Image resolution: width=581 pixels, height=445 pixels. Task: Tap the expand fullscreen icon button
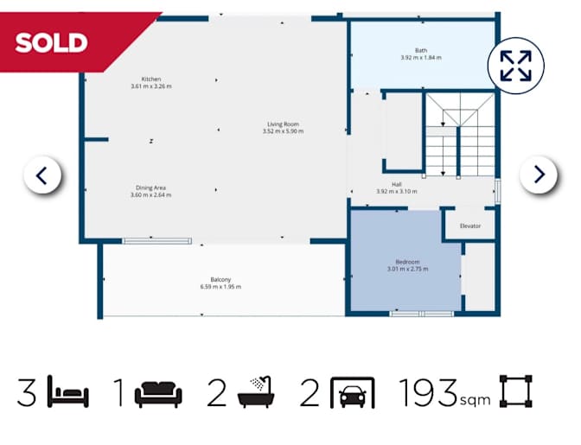point(515,66)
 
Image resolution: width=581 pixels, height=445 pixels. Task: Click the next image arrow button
point(539,175)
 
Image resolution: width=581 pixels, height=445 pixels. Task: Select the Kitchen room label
point(151,79)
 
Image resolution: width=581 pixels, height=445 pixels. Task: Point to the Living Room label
point(283,124)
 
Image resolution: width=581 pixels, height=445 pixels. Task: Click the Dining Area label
point(150,188)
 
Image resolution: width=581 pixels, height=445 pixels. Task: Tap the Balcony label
point(220,279)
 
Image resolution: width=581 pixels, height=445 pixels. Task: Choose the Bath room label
point(421,50)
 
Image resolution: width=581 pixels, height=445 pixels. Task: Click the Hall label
point(397,184)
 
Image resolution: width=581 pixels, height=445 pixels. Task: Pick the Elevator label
point(470,226)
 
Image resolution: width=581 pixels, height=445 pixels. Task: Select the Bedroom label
point(407,262)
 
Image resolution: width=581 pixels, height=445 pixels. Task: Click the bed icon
point(68,391)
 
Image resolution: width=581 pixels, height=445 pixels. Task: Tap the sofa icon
point(158,394)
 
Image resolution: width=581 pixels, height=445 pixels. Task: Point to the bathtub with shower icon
point(256,392)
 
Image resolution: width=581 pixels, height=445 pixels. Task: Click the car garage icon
point(353,392)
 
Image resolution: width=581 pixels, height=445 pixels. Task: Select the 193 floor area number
point(428,392)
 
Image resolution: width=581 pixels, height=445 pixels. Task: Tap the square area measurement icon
point(516,391)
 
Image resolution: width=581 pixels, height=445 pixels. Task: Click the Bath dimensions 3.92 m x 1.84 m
point(421,58)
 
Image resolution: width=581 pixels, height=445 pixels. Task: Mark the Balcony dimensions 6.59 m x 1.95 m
point(220,287)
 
